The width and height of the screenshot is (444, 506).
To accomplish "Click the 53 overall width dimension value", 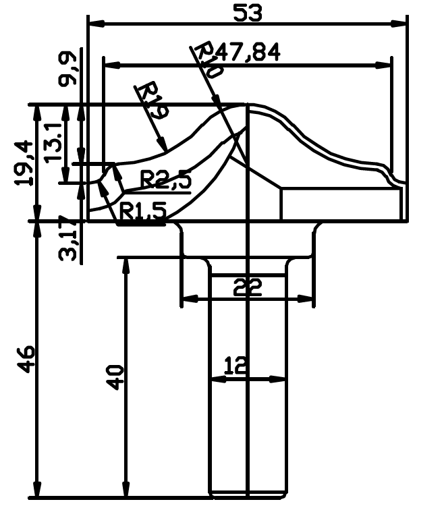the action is pos(247,13).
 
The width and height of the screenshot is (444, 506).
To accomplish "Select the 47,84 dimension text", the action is pos(247,52).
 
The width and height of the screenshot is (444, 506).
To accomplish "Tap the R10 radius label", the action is pos(209,59).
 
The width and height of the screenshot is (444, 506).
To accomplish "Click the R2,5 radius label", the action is pos(166,179).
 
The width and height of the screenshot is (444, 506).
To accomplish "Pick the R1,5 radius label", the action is pos(143,210).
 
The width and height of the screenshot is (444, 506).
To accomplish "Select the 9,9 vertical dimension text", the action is pos(67,69).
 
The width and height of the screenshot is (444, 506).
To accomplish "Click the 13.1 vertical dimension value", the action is pos(53,142).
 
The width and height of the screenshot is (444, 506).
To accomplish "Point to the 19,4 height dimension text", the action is pos(24,163).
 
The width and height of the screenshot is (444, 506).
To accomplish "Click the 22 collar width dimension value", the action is pos(248,287).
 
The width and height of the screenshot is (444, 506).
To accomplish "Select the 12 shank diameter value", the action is pos(235,365).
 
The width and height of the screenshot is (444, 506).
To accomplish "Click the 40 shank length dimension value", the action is pos(115,378).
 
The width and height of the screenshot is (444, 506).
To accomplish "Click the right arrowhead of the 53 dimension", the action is pos(398,24).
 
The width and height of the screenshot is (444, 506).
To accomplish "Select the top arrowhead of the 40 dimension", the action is pos(126,266).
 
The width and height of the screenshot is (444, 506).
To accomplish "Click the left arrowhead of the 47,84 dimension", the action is pos(112,65).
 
